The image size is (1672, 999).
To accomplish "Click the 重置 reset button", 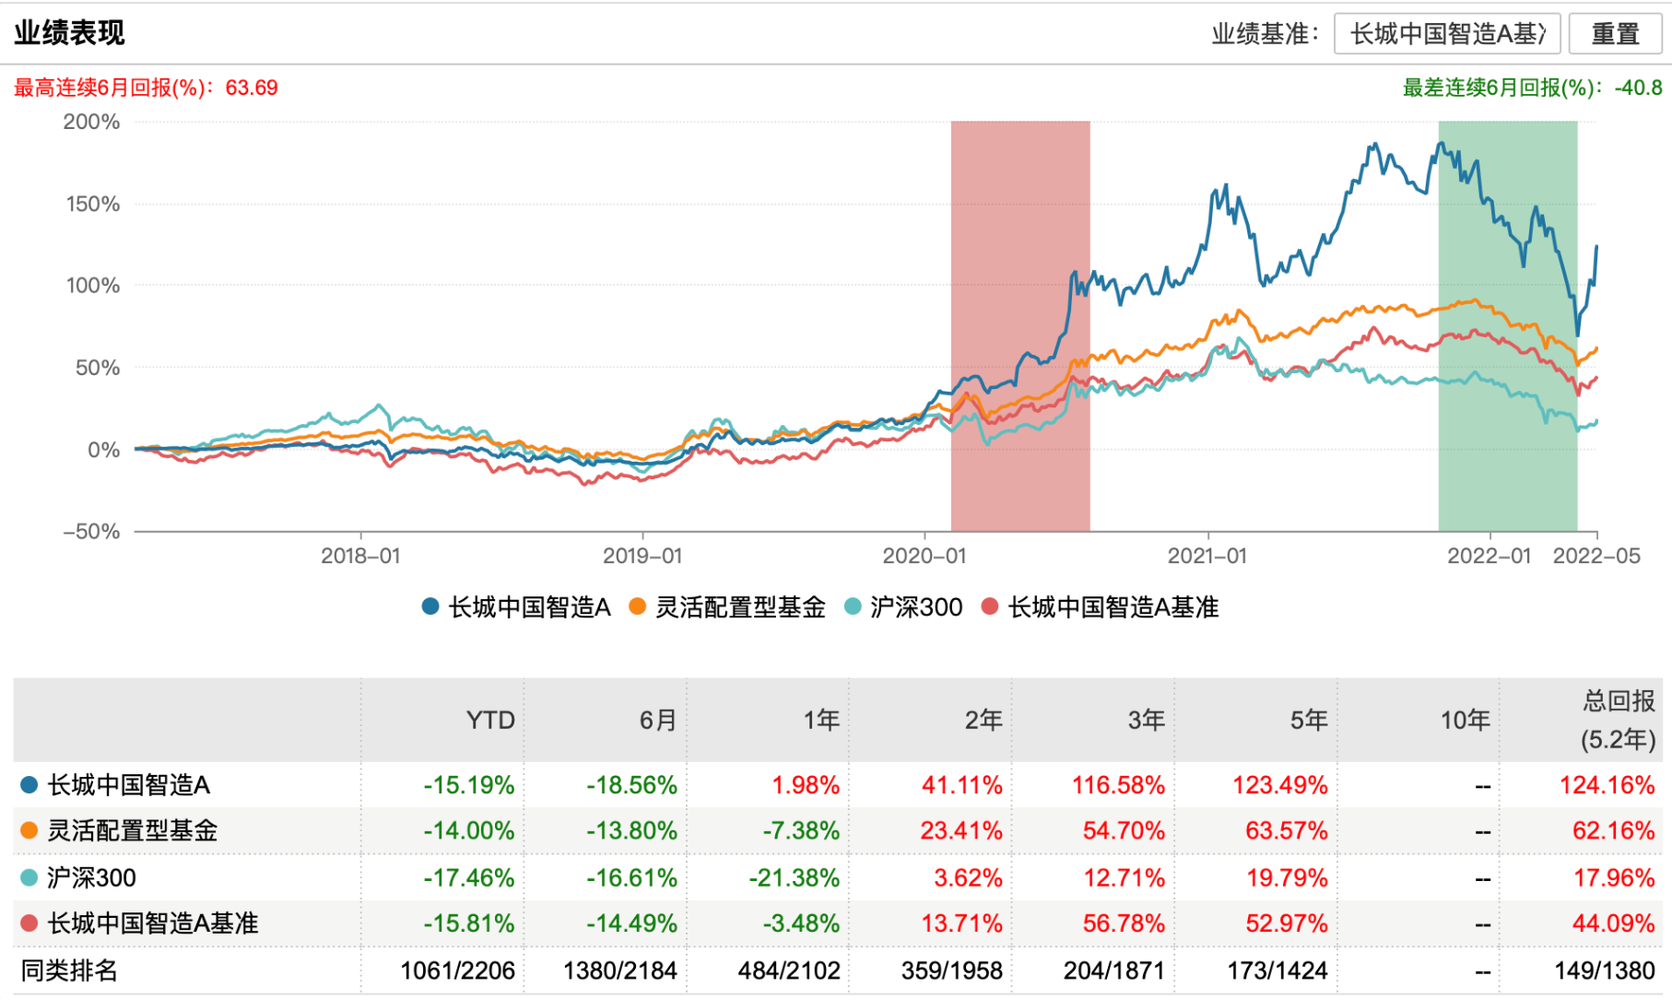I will click(x=1615, y=34).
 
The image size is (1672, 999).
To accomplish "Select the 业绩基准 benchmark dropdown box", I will click(x=1446, y=34).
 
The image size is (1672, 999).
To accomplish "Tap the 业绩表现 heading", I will click(x=69, y=33).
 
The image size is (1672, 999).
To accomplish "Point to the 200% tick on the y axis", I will click(x=91, y=122).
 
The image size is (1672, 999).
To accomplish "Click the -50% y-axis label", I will click(x=91, y=532).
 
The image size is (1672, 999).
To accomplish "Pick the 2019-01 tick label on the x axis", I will click(x=642, y=556).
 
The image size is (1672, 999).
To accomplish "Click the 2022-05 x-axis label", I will click(x=1596, y=556).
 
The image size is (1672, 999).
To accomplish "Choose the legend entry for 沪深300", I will click(x=903, y=607).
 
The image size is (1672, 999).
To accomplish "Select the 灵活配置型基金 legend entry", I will click(x=727, y=607).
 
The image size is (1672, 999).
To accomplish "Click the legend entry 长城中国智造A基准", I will click(x=1101, y=607).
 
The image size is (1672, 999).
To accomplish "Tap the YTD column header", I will click(x=490, y=720).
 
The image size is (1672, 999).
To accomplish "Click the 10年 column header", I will click(x=1466, y=720).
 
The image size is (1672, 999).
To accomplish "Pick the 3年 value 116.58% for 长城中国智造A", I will click(x=1118, y=785).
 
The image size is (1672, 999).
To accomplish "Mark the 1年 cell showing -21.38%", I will click(x=795, y=877).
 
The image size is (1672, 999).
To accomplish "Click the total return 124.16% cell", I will click(x=1607, y=785).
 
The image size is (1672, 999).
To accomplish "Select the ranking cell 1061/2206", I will click(x=457, y=970).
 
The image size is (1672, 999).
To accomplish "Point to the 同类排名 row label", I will click(x=69, y=970).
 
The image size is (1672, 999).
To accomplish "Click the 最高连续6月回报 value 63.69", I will click(x=252, y=88).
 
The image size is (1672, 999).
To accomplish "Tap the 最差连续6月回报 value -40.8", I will click(x=1638, y=88).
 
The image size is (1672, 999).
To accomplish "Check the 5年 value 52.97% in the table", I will click(x=1287, y=923).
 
